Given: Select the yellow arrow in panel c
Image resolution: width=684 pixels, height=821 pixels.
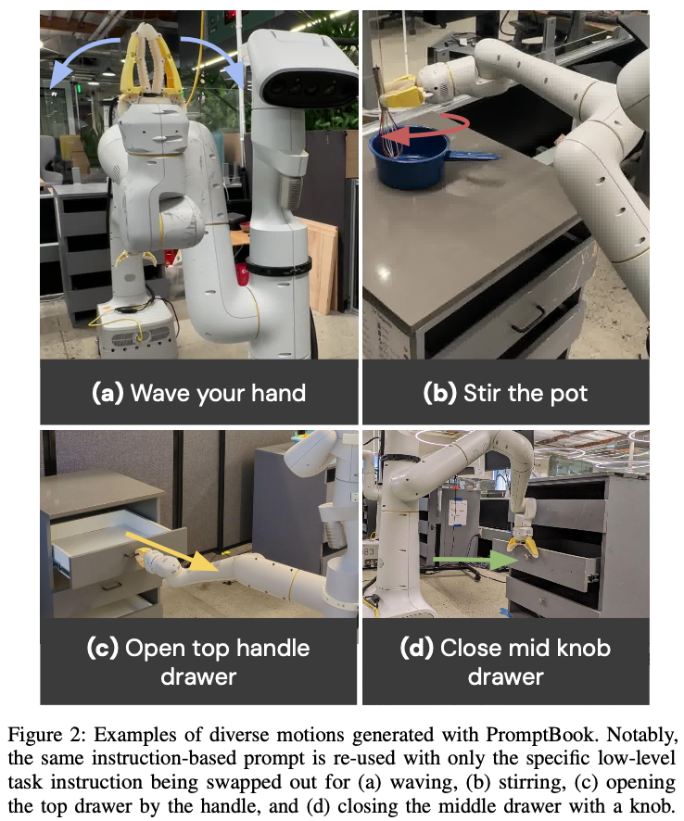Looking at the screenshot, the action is click(172, 551).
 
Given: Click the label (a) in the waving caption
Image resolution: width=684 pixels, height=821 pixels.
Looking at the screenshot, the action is click(108, 393).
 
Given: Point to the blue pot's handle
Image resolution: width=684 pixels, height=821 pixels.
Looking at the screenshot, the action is click(473, 155).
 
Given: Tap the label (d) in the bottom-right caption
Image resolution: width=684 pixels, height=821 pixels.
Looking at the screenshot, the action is click(417, 648).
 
